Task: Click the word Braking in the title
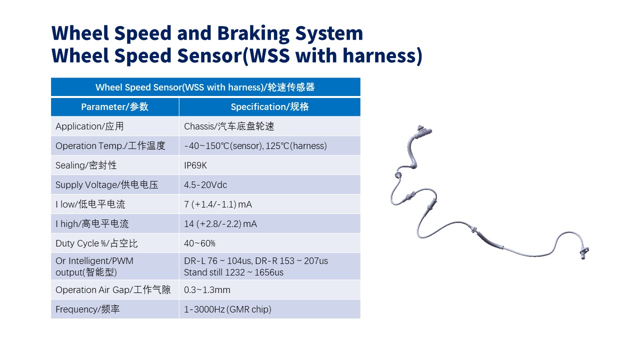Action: click(x=253, y=33)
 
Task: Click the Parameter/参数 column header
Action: click(x=115, y=107)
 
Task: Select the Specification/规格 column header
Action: click(x=269, y=107)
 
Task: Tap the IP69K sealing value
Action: click(x=195, y=165)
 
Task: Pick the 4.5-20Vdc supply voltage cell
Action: click(x=205, y=185)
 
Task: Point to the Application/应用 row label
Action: click(x=89, y=126)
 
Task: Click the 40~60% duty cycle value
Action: click(x=199, y=243)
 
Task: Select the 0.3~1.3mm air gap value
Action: click(x=207, y=290)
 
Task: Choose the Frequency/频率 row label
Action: click(x=87, y=309)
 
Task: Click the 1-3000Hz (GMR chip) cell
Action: click(x=227, y=309)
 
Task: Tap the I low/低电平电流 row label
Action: click(x=90, y=204)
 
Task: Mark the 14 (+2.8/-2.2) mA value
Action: click(x=220, y=224)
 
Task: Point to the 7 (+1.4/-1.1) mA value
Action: click(x=218, y=204)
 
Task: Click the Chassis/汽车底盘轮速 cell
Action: click(x=229, y=126)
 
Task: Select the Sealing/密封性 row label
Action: click(x=86, y=165)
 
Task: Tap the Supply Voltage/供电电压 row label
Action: click(x=107, y=185)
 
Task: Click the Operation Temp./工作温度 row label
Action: click(x=110, y=145)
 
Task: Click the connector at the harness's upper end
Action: click(x=423, y=131)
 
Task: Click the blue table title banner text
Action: click(x=205, y=87)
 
